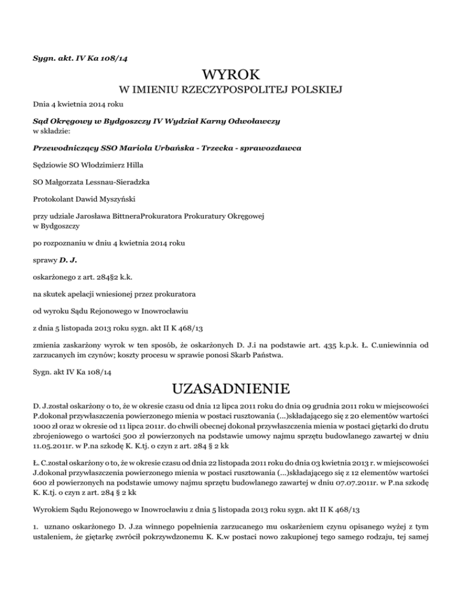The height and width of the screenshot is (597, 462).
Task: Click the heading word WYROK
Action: pyautogui.click(x=231, y=76)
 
